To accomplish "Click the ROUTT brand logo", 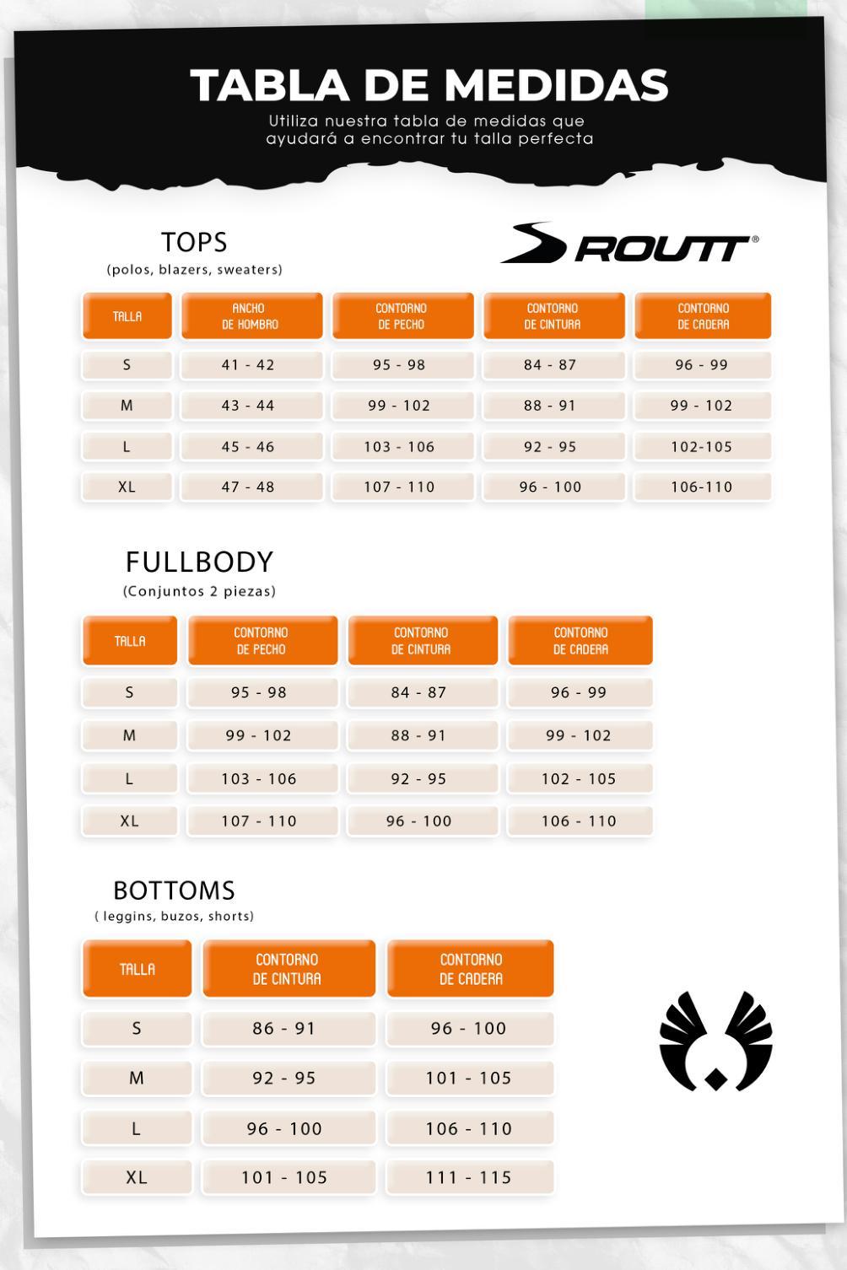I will [629, 244].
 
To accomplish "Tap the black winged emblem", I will [715, 1041].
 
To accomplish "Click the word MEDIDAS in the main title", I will [556, 85].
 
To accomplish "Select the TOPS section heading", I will [194, 243].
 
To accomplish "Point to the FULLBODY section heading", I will [199, 562].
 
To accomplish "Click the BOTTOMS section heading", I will [174, 891].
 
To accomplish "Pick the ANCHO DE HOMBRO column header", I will [251, 316].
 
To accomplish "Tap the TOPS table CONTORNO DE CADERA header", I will [703, 316].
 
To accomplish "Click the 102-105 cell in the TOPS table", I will [703, 447].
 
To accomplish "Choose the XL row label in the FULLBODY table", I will [129, 821].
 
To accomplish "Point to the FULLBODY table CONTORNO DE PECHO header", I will [262, 641].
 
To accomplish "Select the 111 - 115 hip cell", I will [469, 1177].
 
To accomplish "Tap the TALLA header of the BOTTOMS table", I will [137, 969].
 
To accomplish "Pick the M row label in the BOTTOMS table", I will [137, 1078].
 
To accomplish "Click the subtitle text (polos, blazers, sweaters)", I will [194, 270].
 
